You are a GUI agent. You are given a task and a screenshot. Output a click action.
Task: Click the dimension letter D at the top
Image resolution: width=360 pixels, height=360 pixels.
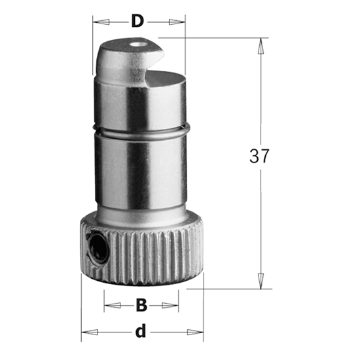(137, 21)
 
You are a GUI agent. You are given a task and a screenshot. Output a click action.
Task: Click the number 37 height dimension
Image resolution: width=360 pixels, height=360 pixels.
(260, 156)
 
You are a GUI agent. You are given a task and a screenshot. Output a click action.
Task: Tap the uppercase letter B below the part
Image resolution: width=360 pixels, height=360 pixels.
(140, 305)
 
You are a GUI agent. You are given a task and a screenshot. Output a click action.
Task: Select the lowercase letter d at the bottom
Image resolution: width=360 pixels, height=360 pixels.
(139, 331)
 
